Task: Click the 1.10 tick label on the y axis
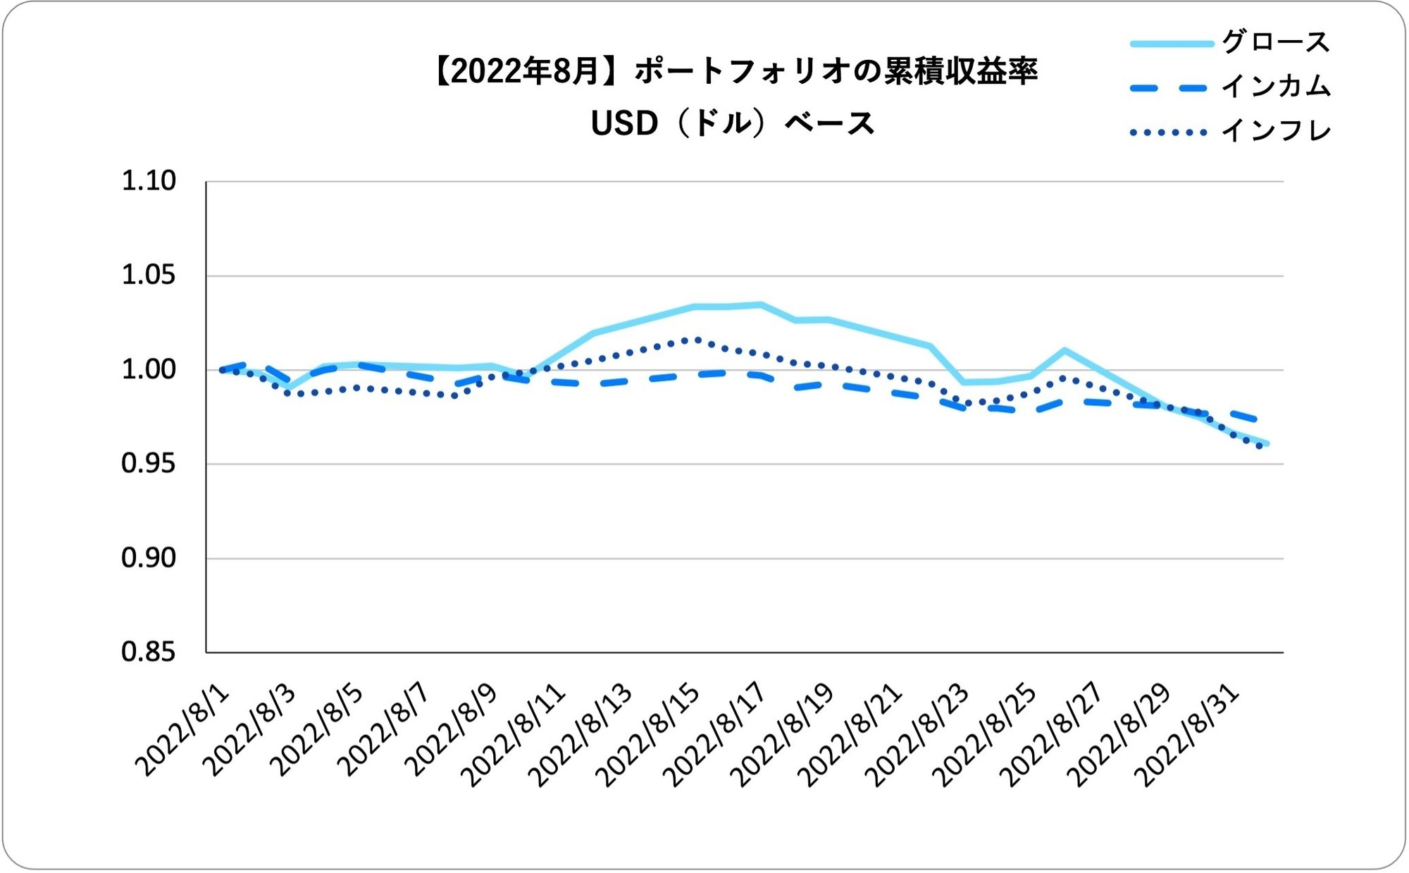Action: pos(149,181)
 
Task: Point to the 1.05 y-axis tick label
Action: pos(149,275)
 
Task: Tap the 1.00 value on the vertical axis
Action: pos(149,369)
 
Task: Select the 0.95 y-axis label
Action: pos(149,464)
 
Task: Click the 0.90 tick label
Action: pos(149,558)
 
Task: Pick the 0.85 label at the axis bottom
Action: pos(149,652)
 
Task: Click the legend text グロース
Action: pos(1276,42)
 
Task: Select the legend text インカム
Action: pos(1276,87)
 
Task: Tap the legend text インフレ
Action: pos(1276,131)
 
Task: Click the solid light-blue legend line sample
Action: pos(1172,44)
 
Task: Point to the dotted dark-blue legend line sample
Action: pos(1169,132)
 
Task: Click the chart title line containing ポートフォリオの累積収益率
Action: pos(735,72)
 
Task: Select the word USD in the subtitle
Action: pos(624,124)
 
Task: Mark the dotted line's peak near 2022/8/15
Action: pos(696,340)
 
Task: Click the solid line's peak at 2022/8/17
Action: pos(761,305)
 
